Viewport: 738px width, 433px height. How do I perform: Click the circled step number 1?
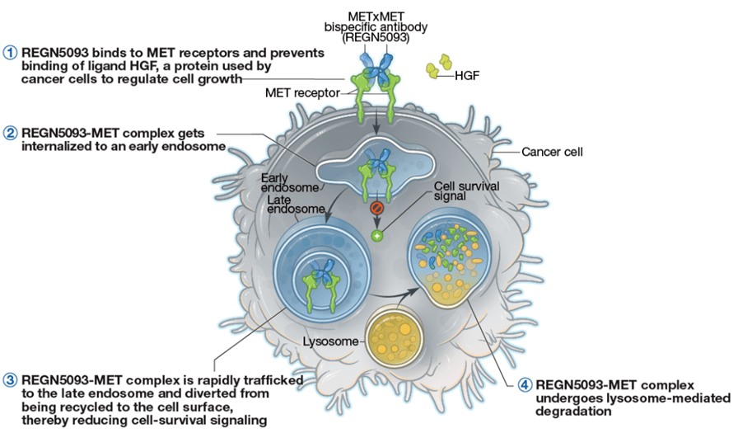10,52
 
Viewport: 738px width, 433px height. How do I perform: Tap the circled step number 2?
10,134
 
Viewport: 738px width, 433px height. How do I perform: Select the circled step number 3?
10,380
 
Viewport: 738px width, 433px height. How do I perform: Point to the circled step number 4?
525,385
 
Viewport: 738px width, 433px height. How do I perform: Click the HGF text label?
467,75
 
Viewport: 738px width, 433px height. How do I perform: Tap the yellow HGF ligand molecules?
439,66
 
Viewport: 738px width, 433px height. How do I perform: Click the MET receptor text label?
302,93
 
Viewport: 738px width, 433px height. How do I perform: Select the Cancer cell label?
552,152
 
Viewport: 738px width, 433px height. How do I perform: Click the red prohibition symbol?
376,207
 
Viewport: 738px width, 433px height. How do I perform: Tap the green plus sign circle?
376,236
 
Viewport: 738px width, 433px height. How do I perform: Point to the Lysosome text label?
330,341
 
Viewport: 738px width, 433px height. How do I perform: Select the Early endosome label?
290,183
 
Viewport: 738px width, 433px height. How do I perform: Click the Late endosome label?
296,204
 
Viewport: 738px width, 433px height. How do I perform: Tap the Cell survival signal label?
466,191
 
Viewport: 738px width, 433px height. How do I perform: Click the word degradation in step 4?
573,412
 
